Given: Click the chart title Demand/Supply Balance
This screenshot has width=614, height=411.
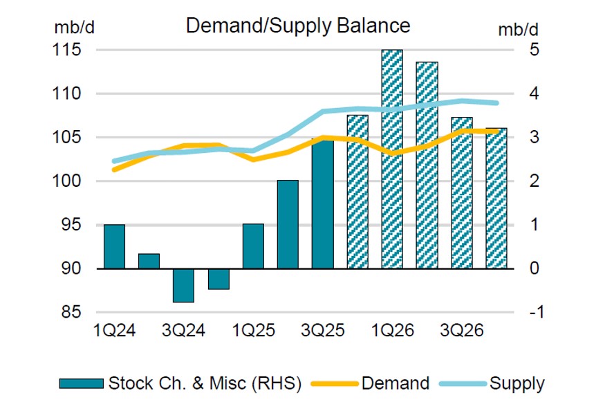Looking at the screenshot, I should point(298,26).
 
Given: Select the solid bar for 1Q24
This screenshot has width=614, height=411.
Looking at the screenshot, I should point(114,246).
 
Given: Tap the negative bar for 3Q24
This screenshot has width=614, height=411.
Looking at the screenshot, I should point(183,285).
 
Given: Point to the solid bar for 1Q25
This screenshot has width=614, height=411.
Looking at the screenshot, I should point(253,246).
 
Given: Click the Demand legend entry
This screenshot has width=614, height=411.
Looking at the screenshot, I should point(395,383).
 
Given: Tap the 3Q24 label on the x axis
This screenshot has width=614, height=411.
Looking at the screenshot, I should point(184,331).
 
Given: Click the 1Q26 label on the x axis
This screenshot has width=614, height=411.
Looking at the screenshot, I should point(392,331).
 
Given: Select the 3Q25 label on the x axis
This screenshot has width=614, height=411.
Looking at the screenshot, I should point(323,331).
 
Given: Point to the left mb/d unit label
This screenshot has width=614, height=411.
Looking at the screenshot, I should point(71,28).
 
